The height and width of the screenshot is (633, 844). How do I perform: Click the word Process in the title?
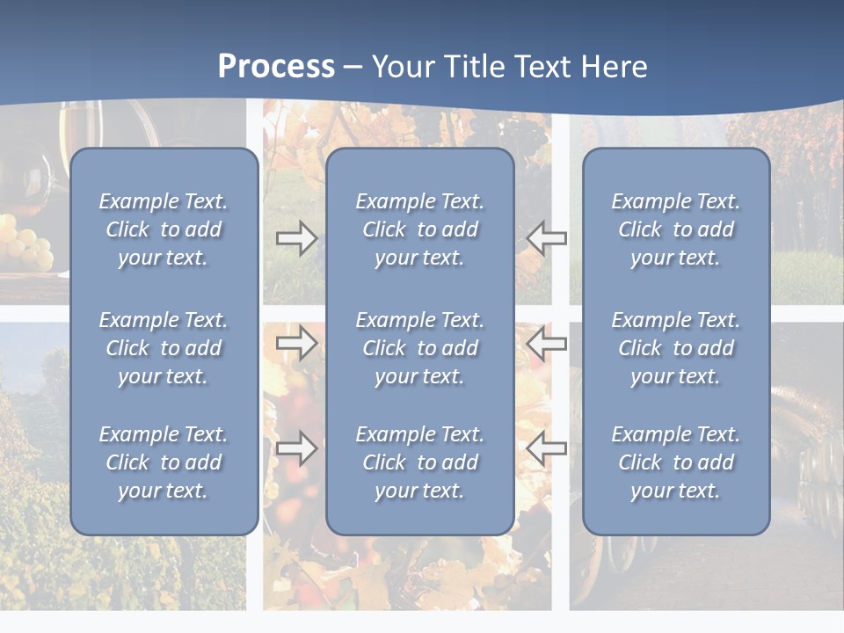point(276,67)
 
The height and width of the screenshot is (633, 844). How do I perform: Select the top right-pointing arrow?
point(297,237)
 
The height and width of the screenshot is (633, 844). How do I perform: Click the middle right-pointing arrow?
point(297,343)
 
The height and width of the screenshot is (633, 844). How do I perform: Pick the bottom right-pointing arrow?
point(297,448)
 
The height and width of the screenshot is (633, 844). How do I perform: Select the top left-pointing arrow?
point(546,237)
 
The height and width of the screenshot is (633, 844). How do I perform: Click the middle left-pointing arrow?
point(546,343)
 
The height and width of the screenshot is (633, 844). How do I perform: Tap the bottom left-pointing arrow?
point(546,448)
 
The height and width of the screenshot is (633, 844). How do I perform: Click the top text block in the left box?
point(164,229)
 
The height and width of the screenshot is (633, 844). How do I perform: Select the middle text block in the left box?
point(164,348)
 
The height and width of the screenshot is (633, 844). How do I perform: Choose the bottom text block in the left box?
point(164,462)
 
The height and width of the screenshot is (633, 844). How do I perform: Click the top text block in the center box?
point(419,229)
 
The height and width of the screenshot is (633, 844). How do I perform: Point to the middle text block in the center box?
point(419,348)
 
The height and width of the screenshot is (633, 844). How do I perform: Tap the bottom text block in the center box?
point(419,462)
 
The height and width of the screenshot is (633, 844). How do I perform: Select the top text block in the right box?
point(675,229)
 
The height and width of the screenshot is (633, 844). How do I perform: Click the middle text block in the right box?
point(675,348)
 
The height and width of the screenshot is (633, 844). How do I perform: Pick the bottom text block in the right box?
point(675,462)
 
